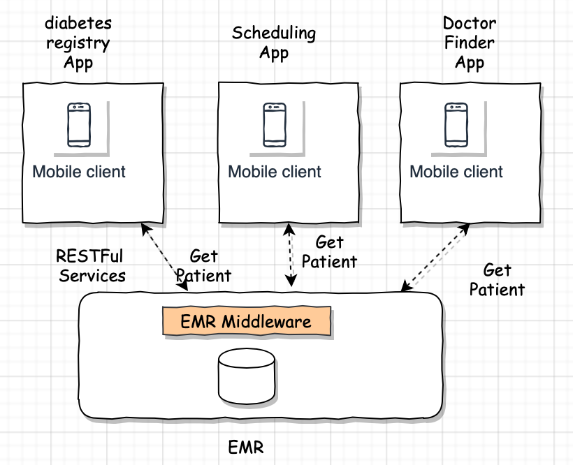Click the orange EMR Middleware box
point(247,321)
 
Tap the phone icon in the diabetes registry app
point(79,125)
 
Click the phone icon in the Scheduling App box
point(275,125)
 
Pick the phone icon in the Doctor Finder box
point(456,125)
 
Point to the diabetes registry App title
point(78,43)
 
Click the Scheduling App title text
point(274,43)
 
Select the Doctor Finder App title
point(470,43)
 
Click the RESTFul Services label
point(92,265)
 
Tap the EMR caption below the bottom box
point(246,447)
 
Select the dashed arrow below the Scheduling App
point(290,255)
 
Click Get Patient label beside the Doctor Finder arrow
point(497,279)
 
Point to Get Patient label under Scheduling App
point(329,252)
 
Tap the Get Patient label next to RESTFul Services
point(203,266)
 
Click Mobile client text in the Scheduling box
point(275,172)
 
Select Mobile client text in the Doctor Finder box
point(456,172)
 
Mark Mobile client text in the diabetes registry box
point(79,172)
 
